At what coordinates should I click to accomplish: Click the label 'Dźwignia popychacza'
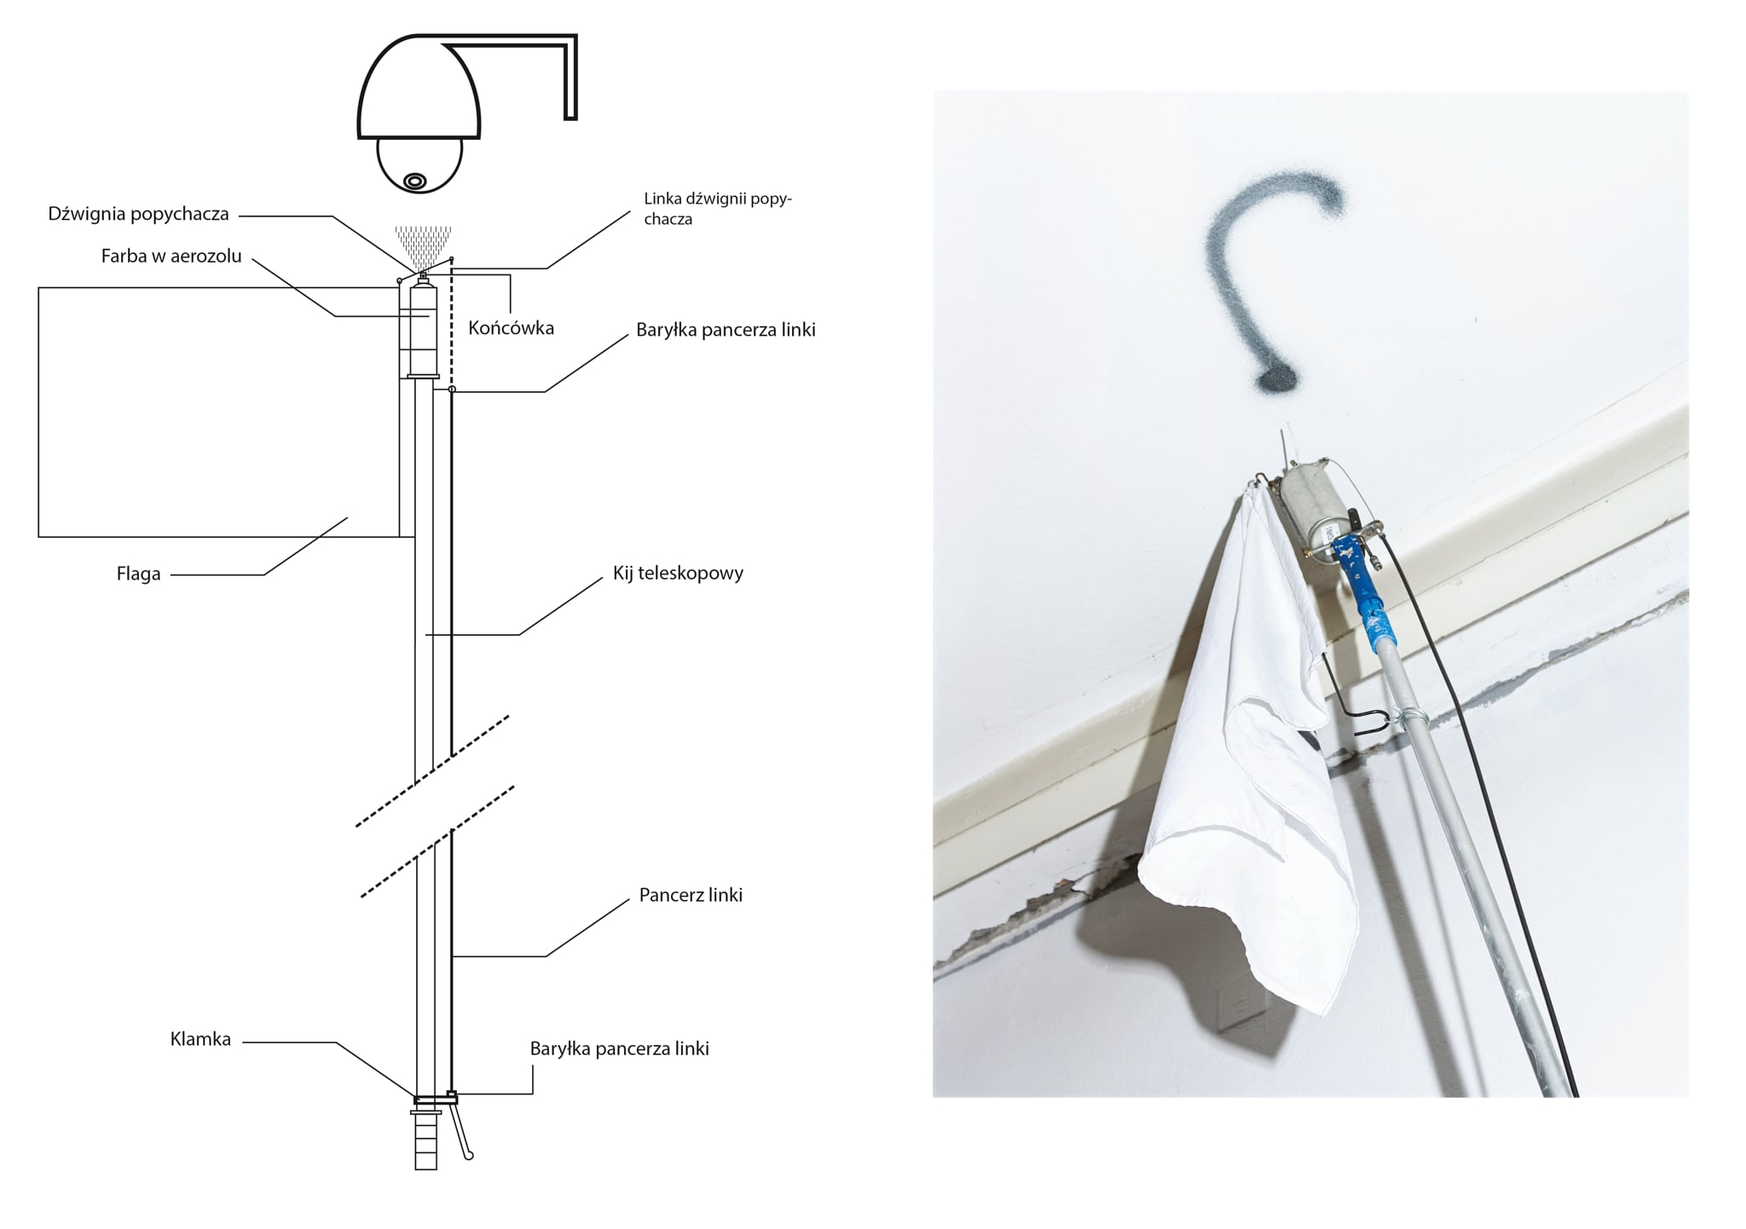pyautogui.click(x=139, y=214)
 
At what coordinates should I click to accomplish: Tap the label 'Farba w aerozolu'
pyautogui.click(x=171, y=256)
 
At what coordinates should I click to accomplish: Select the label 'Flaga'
pyautogui.click(x=139, y=574)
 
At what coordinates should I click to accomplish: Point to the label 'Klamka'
pyautogui.click(x=200, y=1039)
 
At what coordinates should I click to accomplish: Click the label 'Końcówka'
pyautogui.click(x=512, y=328)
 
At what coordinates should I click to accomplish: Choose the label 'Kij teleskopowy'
pyautogui.click(x=678, y=573)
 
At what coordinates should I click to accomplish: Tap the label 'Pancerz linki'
pyautogui.click(x=691, y=895)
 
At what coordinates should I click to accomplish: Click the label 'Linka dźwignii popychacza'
pyautogui.click(x=718, y=209)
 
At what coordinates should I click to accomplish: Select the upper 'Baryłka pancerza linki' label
pyautogui.click(x=726, y=330)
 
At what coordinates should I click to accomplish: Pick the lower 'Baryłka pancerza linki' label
pyautogui.click(x=620, y=1048)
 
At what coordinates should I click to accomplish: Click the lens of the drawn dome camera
pyautogui.click(x=415, y=180)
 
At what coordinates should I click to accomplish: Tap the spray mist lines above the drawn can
pyautogui.click(x=423, y=245)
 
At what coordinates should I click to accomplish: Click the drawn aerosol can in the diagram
pyautogui.click(x=424, y=329)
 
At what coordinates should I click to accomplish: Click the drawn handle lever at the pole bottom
pyautogui.click(x=461, y=1130)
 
